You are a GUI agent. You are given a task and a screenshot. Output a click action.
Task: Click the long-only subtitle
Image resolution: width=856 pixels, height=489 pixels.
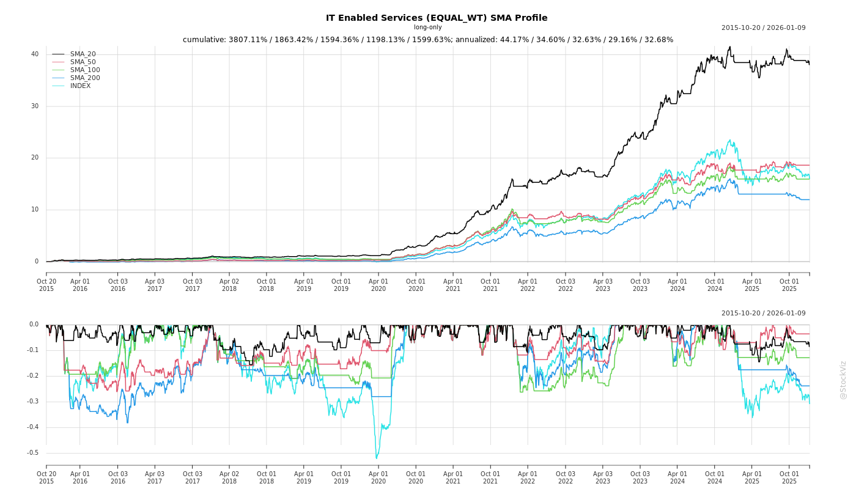427,28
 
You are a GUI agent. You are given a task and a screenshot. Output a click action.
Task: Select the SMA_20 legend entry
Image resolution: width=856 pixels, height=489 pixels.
83,54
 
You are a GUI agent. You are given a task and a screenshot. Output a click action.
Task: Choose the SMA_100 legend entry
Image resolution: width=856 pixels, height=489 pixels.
85,70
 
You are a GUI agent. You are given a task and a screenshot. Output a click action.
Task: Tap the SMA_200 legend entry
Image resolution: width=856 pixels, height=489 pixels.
85,78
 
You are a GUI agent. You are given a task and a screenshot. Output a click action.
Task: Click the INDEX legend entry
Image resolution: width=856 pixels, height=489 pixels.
80,86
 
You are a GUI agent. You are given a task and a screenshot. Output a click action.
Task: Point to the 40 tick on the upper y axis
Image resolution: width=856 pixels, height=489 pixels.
35,54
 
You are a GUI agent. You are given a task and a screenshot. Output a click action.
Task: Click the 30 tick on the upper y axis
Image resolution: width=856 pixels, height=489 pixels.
35,106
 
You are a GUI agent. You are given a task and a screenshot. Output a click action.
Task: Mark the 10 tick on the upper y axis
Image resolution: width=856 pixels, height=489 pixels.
35,210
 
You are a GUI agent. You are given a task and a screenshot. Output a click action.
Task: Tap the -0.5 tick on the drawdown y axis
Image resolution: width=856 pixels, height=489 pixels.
33,453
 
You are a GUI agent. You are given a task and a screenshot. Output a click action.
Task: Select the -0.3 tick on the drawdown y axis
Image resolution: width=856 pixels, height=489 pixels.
33,402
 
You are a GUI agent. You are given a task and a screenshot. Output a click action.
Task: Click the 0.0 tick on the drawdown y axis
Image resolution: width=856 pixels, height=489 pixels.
34,325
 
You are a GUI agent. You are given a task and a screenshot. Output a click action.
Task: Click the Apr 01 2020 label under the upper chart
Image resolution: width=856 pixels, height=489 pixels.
378,285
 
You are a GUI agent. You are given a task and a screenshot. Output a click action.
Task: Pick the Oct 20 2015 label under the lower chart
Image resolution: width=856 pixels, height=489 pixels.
46,477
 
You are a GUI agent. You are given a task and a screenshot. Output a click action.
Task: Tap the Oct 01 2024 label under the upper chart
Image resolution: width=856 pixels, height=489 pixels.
715,285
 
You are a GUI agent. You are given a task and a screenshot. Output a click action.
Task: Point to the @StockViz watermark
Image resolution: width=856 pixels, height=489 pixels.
843,380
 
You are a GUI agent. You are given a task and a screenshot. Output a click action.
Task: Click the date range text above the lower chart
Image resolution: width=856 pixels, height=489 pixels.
763,314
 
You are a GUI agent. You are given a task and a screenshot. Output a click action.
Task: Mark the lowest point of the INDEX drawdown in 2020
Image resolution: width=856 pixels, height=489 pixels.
376,458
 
